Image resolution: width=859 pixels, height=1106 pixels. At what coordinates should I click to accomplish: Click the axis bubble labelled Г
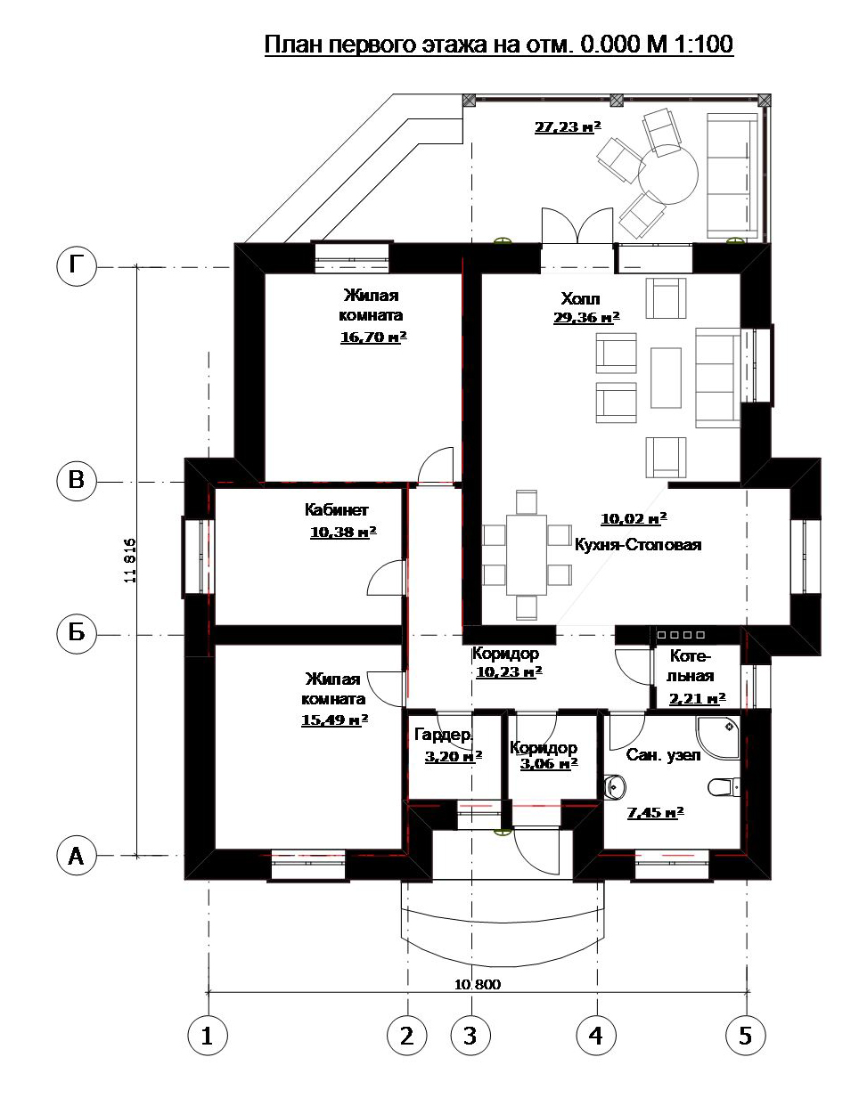click(77, 266)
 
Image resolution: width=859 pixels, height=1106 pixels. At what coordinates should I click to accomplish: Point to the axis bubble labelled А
click(77, 856)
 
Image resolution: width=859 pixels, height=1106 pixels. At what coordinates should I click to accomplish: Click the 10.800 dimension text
click(477, 984)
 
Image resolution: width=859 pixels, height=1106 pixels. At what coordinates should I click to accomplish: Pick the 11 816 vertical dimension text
click(130, 560)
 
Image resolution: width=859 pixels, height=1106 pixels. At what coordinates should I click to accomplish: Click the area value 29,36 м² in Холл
click(586, 318)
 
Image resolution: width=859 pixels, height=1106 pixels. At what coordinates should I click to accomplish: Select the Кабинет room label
click(336, 509)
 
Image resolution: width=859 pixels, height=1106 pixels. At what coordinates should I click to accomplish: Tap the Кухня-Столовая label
click(638, 545)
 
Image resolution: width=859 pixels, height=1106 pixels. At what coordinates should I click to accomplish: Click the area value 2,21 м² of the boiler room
click(697, 699)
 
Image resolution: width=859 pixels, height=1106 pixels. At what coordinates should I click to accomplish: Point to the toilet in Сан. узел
click(724, 787)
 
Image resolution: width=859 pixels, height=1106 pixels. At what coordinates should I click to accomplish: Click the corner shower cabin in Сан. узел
click(718, 738)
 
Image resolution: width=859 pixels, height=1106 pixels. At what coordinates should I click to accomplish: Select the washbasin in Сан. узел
click(615, 787)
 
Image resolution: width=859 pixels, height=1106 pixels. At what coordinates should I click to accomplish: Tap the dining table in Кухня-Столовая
click(526, 555)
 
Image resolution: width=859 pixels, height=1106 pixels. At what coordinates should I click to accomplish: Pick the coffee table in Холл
click(666, 378)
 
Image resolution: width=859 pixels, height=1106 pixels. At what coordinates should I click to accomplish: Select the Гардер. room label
click(444, 736)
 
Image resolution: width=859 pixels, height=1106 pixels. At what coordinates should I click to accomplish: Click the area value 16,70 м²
click(373, 337)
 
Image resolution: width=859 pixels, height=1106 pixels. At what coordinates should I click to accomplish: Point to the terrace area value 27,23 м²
click(568, 126)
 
